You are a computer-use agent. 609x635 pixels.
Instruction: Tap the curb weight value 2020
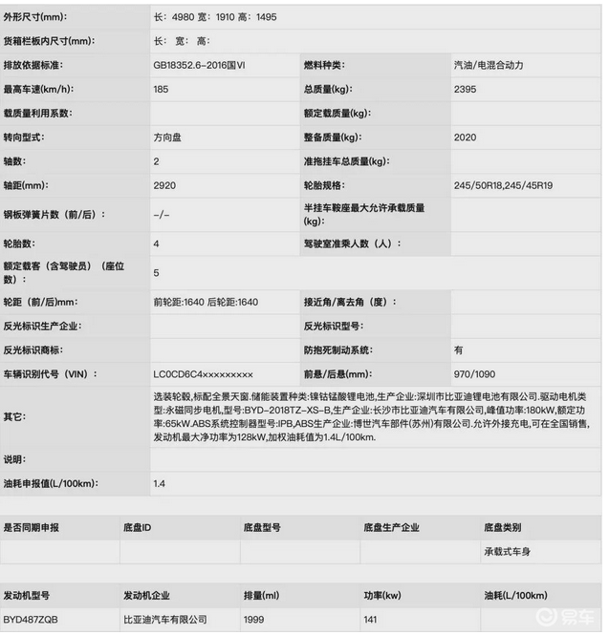pyautogui.click(x=466, y=138)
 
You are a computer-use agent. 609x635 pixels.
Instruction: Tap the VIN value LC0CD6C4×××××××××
pyautogui.click(x=203, y=374)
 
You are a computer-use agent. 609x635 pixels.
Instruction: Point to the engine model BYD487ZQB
pyautogui.click(x=31, y=620)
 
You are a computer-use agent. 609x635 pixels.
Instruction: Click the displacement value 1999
pyautogui.click(x=254, y=620)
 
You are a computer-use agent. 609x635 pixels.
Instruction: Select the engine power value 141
pyautogui.click(x=371, y=620)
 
